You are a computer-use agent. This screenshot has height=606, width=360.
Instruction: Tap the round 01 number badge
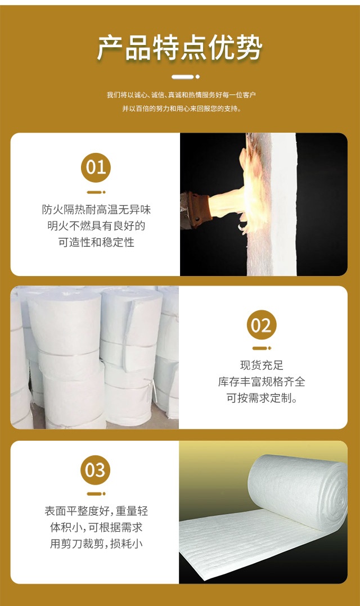click(x=96, y=168)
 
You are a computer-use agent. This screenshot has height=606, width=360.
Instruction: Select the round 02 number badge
click(x=262, y=325)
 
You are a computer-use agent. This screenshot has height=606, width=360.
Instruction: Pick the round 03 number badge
click(x=96, y=470)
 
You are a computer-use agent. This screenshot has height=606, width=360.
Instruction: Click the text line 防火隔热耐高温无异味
click(x=96, y=210)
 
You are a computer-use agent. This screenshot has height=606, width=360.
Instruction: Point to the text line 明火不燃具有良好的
click(x=96, y=226)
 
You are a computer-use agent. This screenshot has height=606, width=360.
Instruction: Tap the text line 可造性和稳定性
click(x=96, y=242)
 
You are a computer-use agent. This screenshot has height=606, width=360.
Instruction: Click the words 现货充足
click(x=262, y=365)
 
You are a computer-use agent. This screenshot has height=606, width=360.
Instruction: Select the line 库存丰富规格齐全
click(x=262, y=382)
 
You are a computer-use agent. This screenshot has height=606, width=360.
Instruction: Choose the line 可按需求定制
click(x=262, y=398)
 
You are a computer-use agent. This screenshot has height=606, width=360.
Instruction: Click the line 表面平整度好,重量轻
click(x=96, y=511)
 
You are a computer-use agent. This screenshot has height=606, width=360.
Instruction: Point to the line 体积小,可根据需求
click(x=96, y=527)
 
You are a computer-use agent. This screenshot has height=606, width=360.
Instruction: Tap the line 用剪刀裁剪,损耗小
click(x=96, y=544)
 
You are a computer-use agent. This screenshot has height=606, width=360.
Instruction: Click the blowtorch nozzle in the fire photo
click(x=196, y=210)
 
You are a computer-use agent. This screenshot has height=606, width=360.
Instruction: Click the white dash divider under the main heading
click(x=186, y=77)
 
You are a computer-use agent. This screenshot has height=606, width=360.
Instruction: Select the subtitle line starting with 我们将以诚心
click(x=181, y=95)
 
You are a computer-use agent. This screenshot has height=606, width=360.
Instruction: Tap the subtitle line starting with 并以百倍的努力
click(x=181, y=108)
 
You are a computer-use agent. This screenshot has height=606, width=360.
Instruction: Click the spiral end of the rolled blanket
click(x=336, y=491)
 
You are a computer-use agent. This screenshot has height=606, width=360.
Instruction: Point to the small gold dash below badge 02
click(x=262, y=348)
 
